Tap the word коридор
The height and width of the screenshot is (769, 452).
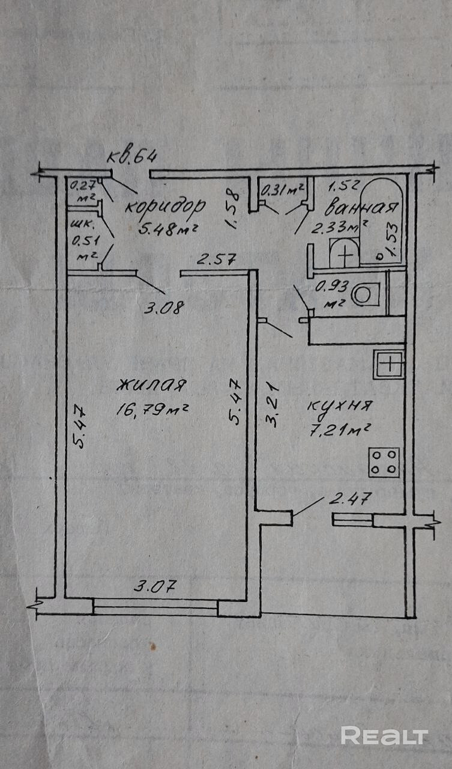pyautogui.click(x=165, y=207)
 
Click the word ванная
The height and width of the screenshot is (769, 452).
pyautogui.click(x=361, y=208)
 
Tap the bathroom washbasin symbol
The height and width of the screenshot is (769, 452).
pyautogui.click(x=345, y=255)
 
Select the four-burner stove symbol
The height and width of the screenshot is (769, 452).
pyautogui.click(x=384, y=462)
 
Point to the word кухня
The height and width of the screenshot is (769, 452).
pyautogui.click(x=340, y=406)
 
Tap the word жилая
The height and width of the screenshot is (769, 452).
pyautogui.click(x=152, y=384)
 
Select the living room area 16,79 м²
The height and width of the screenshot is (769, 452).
pyautogui.click(x=154, y=410)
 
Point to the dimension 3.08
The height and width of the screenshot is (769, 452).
pyautogui.click(x=163, y=308)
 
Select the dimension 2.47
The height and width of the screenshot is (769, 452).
pyautogui.click(x=351, y=498)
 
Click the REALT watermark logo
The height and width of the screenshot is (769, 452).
pyautogui.click(x=384, y=735)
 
